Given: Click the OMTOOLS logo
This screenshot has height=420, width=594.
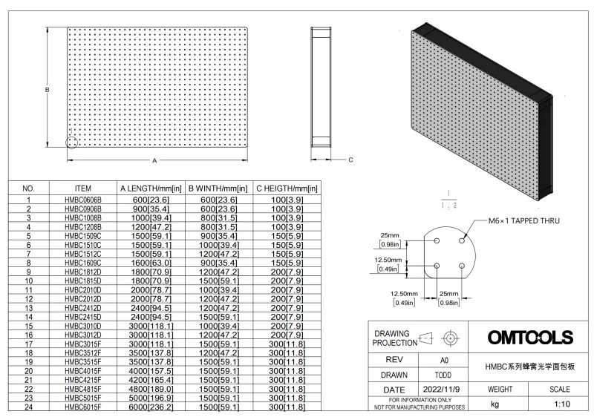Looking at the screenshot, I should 530,338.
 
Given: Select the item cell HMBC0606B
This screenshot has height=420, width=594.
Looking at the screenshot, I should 83,200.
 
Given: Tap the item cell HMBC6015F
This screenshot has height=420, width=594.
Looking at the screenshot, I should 83,407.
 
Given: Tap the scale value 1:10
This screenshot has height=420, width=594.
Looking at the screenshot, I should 560,405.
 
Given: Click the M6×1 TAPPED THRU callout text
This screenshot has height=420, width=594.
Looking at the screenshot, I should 518,221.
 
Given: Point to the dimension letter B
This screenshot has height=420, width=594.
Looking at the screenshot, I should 46,89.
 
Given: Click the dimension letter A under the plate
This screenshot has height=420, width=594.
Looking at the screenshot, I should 154,160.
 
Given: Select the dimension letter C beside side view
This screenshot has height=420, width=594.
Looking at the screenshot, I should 350,160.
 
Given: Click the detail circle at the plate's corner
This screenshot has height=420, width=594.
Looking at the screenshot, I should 72,142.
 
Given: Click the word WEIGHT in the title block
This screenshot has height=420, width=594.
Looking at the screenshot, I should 499,389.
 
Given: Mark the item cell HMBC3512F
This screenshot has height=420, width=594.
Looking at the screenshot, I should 83,352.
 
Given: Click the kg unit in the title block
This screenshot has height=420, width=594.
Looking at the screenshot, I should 495,405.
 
